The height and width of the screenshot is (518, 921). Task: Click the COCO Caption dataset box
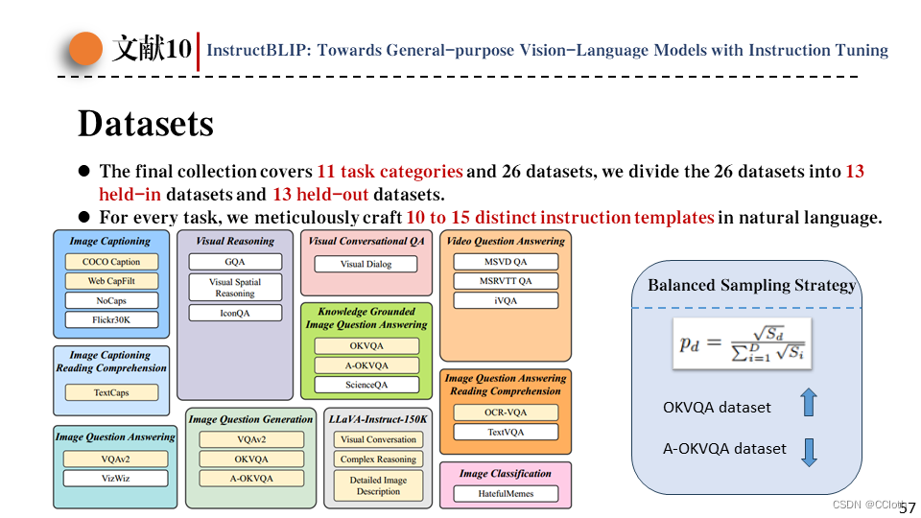pos(111,262)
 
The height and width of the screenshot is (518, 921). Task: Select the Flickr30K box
pos(111,319)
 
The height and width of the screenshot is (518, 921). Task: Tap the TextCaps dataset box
pos(111,392)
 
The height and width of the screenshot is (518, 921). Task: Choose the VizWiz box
pos(115,478)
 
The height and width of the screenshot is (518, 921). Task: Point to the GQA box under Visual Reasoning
pos(235,262)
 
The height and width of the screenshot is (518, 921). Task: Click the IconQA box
pos(235,313)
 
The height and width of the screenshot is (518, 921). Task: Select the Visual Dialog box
pos(366,264)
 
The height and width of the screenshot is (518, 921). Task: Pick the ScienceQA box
pos(366,385)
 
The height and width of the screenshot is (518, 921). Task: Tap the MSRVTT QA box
pos(506,281)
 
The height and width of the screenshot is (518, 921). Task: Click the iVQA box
pos(506,300)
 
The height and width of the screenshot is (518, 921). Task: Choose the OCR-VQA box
pos(506,412)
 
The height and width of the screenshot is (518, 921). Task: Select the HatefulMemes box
pos(506,494)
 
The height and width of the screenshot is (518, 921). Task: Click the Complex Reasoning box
pos(378,459)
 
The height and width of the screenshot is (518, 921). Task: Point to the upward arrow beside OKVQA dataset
pos(808,403)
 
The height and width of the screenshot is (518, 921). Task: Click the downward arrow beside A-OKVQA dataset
pos(808,451)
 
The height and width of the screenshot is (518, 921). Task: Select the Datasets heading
pos(145,124)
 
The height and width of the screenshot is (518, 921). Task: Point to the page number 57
pos(907,506)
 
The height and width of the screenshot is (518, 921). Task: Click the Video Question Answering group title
pos(506,241)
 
